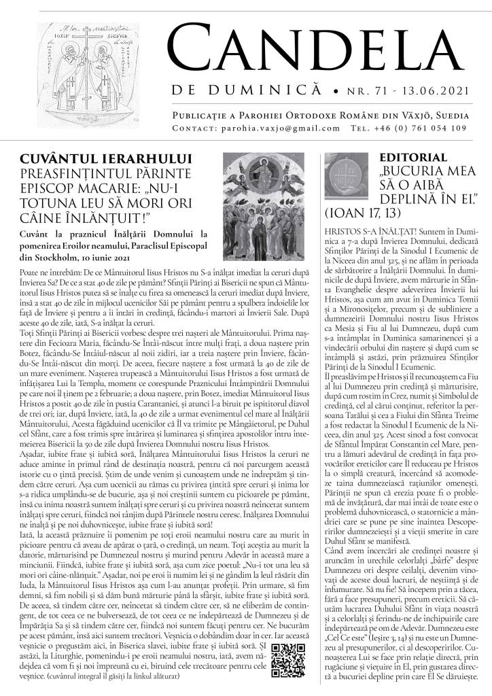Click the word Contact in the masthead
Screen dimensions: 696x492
(194, 128)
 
